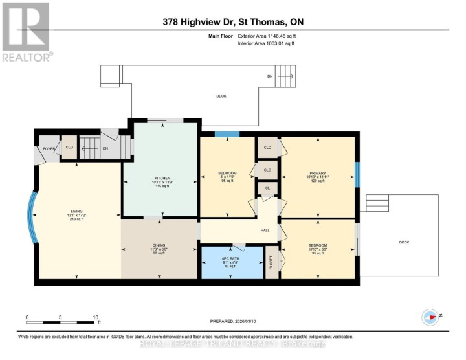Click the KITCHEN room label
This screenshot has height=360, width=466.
click(x=161, y=178)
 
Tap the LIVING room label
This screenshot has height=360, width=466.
click(x=78, y=210)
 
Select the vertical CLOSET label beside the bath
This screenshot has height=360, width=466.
click(x=271, y=263)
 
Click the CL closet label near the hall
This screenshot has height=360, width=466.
click(x=267, y=188)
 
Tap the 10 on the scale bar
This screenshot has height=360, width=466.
click(x=96, y=317)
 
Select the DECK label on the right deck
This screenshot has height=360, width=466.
click(x=404, y=242)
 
